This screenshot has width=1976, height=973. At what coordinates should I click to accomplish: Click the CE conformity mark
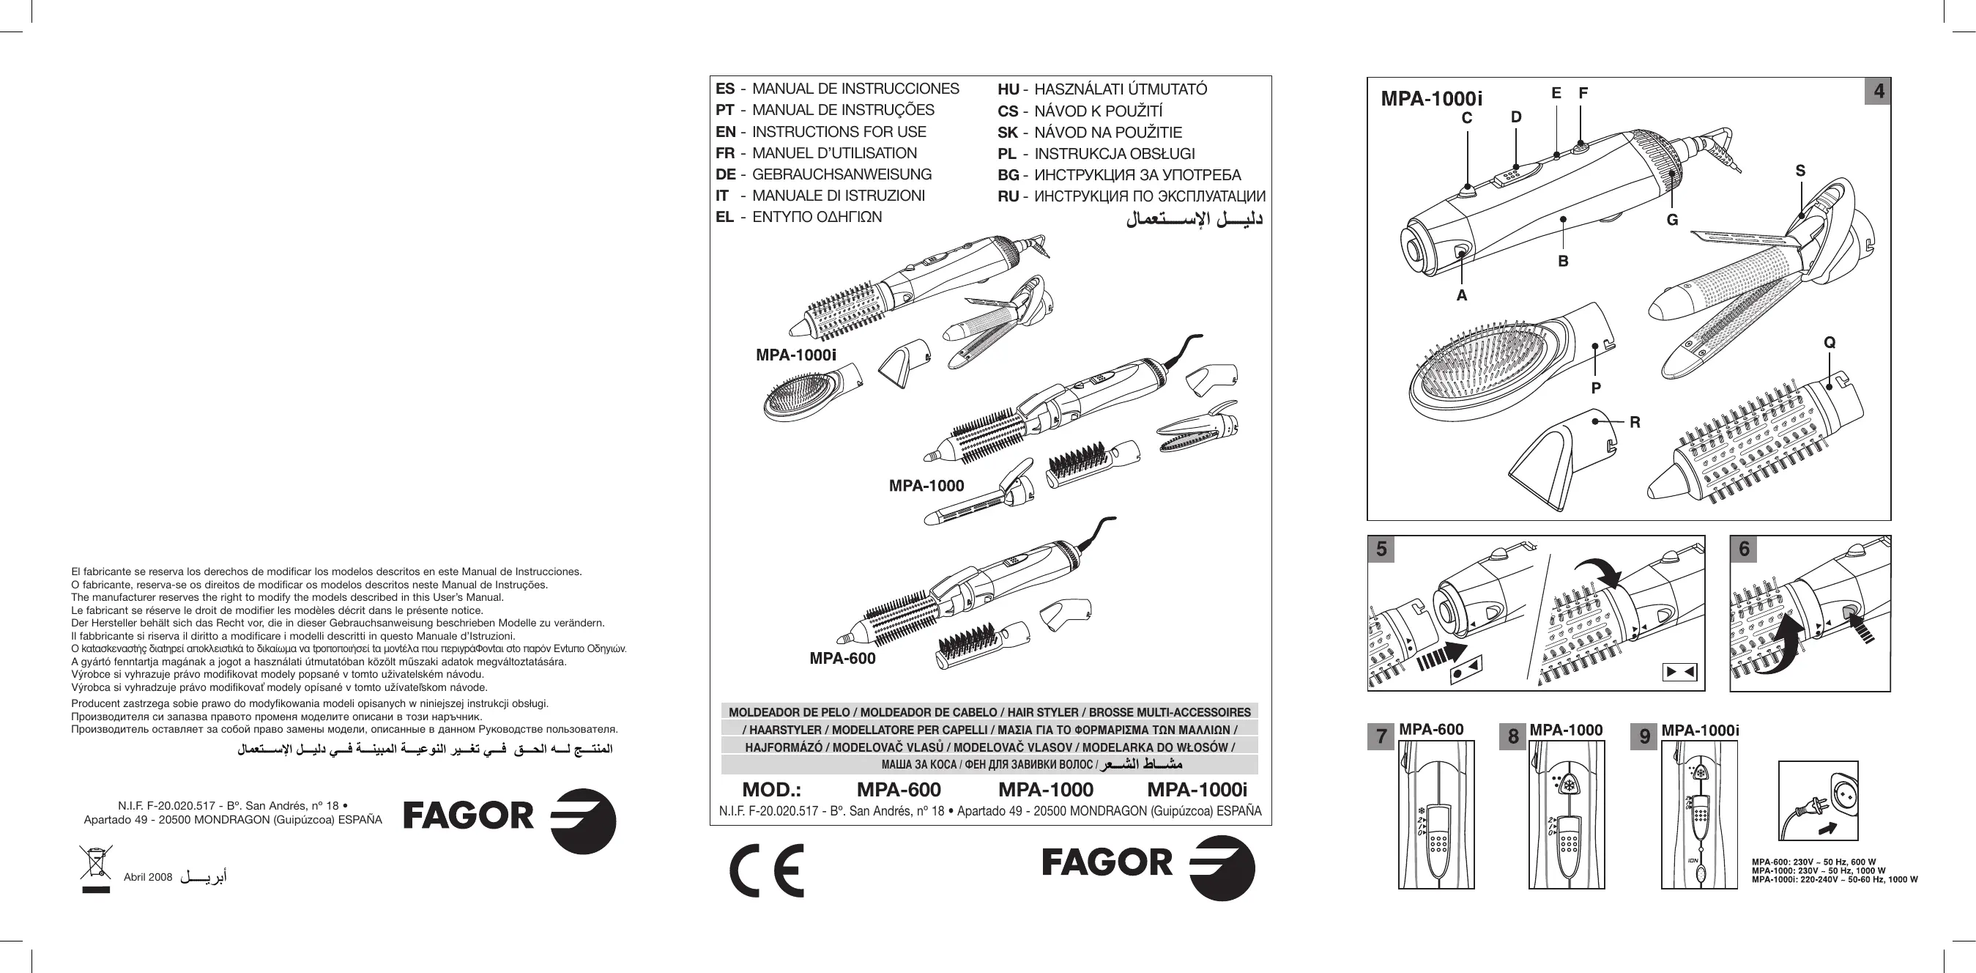tap(766, 870)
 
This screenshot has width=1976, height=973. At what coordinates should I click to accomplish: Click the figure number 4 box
tap(1879, 92)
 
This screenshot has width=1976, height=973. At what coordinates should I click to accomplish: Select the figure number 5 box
tap(1381, 549)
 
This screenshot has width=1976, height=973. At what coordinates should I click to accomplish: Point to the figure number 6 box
tap(1745, 549)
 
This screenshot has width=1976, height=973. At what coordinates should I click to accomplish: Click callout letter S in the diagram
tap(1800, 171)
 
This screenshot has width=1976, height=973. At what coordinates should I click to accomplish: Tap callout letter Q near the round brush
tap(1830, 342)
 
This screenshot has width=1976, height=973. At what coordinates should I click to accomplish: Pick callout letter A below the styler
tap(1461, 295)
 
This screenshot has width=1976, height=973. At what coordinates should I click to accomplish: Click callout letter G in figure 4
tap(1672, 221)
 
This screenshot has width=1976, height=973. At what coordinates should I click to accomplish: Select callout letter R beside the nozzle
tap(1635, 422)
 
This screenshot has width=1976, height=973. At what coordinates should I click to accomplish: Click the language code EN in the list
tap(725, 132)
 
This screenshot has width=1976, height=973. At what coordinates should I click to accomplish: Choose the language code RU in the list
tap(1007, 196)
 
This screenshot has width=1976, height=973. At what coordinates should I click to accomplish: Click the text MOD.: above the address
tap(771, 790)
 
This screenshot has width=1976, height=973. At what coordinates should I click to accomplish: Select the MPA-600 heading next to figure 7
tap(1431, 730)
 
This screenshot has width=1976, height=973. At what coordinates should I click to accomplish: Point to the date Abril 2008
tap(148, 877)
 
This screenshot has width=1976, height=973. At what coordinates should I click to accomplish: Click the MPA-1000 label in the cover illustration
tap(926, 486)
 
